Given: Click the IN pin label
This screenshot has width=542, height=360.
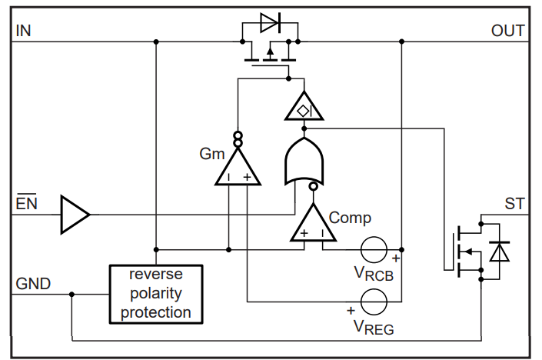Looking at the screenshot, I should [x=23, y=30].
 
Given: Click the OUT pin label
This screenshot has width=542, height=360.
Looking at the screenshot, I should [x=508, y=30].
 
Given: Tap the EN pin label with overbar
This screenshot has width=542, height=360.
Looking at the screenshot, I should [x=26, y=204].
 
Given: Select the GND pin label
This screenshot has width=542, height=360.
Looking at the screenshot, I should [x=33, y=283].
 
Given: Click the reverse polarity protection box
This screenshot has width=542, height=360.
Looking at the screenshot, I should [x=155, y=293].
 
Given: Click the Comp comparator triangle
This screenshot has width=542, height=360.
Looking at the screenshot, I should [x=313, y=225].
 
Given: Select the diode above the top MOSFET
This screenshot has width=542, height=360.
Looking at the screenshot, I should [x=270, y=23].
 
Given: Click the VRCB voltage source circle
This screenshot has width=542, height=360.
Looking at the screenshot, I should [x=376, y=250].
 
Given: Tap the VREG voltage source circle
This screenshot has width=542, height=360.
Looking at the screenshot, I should [x=376, y=301].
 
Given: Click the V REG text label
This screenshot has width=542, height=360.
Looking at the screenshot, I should [x=374, y=327].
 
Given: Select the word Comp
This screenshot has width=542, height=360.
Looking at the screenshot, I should [x=350, y=217].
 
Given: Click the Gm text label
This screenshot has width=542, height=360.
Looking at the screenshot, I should [x=211, y=153].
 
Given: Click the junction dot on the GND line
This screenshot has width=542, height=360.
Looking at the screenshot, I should [x=71, y=293].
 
